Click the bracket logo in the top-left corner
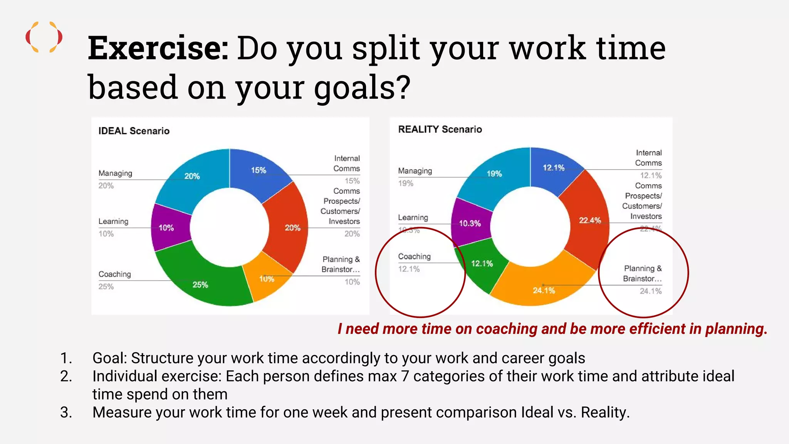click(44, 37)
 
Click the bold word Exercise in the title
click(158, 49)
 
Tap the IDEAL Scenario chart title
click(134, 131)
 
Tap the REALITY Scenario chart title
click(440, 129)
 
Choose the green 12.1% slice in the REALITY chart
click(482, 266)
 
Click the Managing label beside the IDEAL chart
click(115, 173)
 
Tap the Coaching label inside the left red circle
click(414, 257)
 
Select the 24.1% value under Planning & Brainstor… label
click(650, 291)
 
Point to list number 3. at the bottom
click(66, 412)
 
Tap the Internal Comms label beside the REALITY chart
click(648, 158)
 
